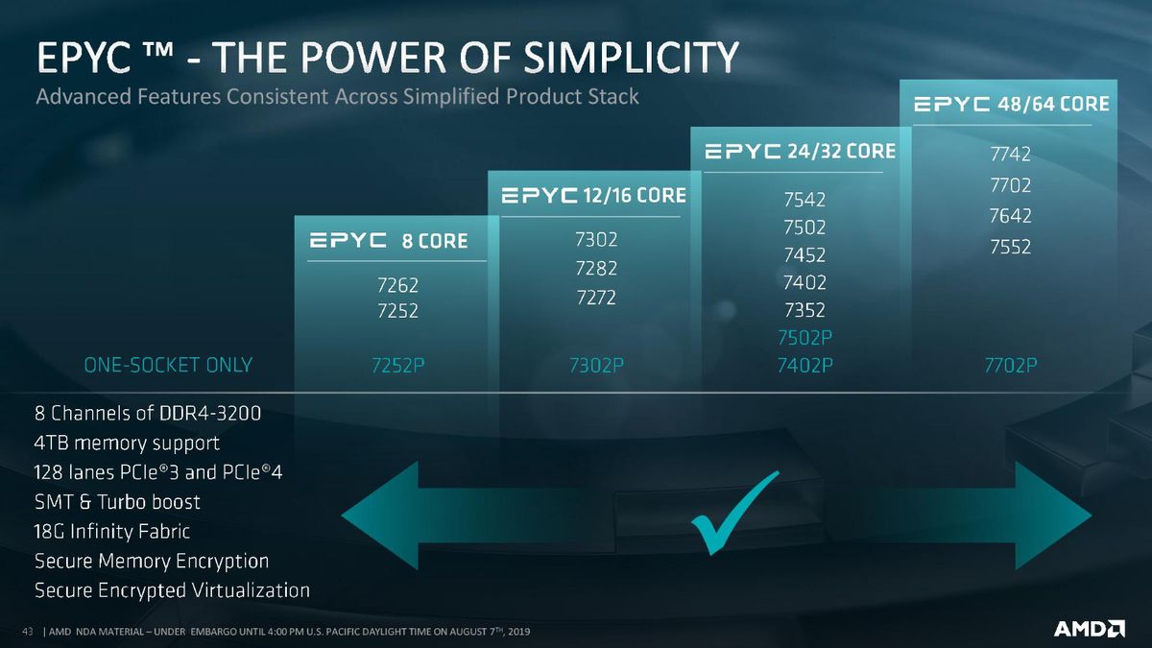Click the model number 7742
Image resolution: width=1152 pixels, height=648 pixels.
point(1010,155)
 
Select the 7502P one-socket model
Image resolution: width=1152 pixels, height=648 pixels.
point(804,338)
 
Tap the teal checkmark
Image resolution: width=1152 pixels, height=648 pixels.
point(735,513)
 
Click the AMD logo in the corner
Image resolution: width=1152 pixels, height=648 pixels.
point(1090,629)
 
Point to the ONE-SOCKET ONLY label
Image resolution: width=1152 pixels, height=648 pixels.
point(168,365)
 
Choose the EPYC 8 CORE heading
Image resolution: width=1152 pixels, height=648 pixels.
point(389,241)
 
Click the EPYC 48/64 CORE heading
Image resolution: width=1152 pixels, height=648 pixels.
point(1012,105)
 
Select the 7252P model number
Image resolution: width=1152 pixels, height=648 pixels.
point(397,366)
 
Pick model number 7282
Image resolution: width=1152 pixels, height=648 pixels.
point(596,269)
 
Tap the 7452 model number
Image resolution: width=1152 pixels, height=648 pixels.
point(804,255)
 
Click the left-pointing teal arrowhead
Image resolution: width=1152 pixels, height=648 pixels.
point(380,516)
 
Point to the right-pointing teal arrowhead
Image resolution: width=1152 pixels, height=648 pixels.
point(1053,516)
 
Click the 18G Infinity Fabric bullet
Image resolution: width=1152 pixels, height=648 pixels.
point(111,531)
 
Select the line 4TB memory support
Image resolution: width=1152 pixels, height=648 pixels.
point(127,444)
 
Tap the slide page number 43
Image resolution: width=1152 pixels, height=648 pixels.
point(28,632)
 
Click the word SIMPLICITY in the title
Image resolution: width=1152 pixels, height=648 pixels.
point(631,57)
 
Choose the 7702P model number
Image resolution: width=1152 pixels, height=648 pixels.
point(1011,365)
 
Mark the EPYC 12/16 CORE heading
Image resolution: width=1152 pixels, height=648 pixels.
point(593,196)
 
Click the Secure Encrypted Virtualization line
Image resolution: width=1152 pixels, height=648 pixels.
point(172,591)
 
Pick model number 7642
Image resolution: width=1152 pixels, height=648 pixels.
point(1010,216)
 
